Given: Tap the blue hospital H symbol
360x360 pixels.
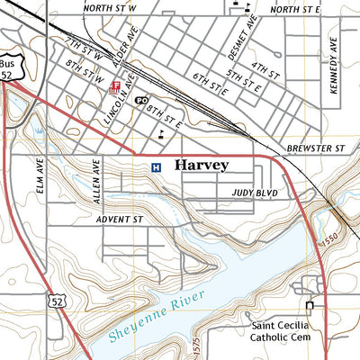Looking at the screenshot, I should [156, 166].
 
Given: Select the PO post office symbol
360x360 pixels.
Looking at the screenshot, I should [141, 100].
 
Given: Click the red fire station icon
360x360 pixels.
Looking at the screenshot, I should [115, 87].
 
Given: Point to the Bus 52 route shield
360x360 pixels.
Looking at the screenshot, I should [10, 69].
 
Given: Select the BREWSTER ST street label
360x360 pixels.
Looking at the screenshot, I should [316, 147].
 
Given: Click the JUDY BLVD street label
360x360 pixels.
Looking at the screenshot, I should [254, 193].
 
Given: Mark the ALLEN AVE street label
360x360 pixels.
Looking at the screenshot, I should [94, 178].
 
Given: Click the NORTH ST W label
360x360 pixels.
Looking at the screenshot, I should [108, 7].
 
